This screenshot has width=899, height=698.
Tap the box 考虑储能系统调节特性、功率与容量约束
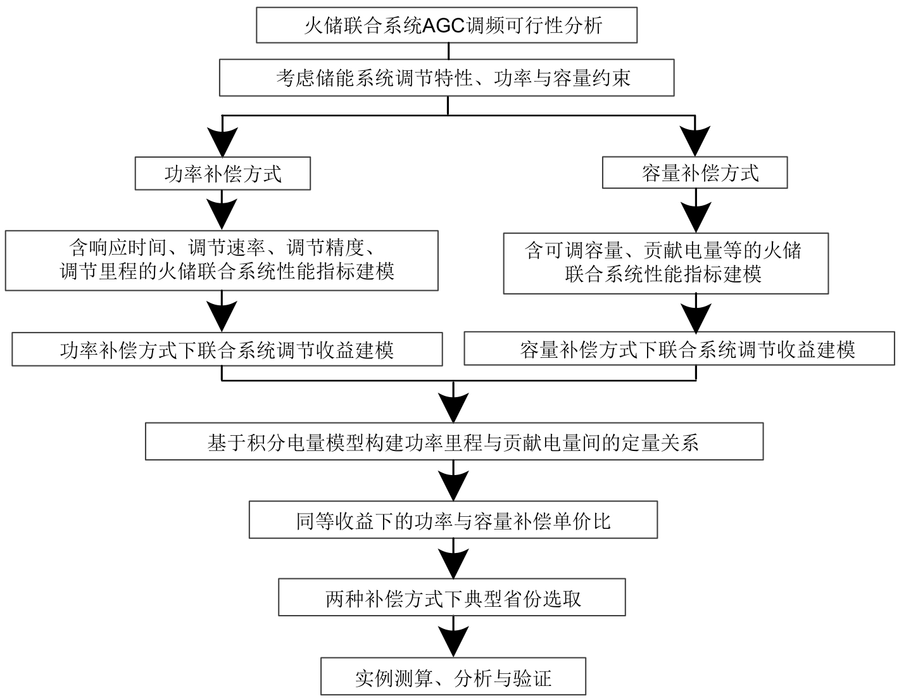(x=447, y=78)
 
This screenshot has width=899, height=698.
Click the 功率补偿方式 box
(x=223, y=174)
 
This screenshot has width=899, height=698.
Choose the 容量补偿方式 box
(x=695, y=172)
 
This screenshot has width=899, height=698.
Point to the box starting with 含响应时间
(x=222, y=260)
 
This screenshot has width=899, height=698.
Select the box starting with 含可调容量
(x=666, y=263)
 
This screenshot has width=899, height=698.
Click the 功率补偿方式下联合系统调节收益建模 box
(x=227, y=350)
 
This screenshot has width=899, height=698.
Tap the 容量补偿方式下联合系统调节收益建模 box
(x=679, y=349)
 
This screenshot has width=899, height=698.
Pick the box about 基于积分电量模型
(x=454, y=441)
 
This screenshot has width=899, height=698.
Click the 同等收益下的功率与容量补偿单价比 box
(x=453, y=520)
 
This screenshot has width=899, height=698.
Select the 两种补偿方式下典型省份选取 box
(x=453, y=597)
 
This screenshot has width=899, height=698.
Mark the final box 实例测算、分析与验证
(x=453, y=678)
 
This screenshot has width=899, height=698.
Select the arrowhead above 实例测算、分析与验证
(x=453, y=642)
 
